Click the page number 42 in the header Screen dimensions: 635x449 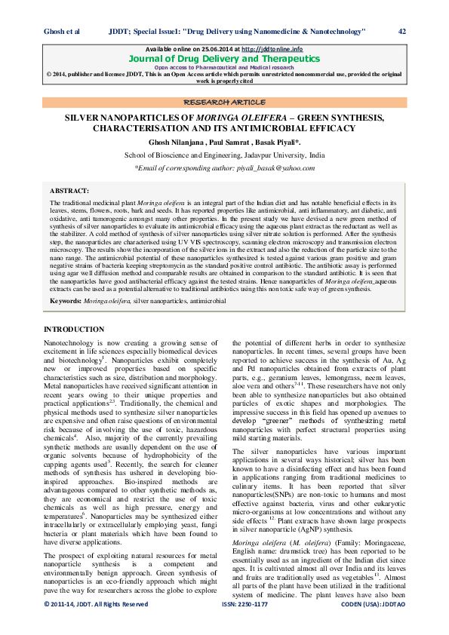coord(402,31)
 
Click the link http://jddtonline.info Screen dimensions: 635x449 coord(272,49)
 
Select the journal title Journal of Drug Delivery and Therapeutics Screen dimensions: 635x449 coord(224,58)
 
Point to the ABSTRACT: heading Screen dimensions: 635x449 coord(69,192)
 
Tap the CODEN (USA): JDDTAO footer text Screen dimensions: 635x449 coord(372,626)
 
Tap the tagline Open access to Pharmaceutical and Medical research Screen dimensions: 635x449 coord(224,67)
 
